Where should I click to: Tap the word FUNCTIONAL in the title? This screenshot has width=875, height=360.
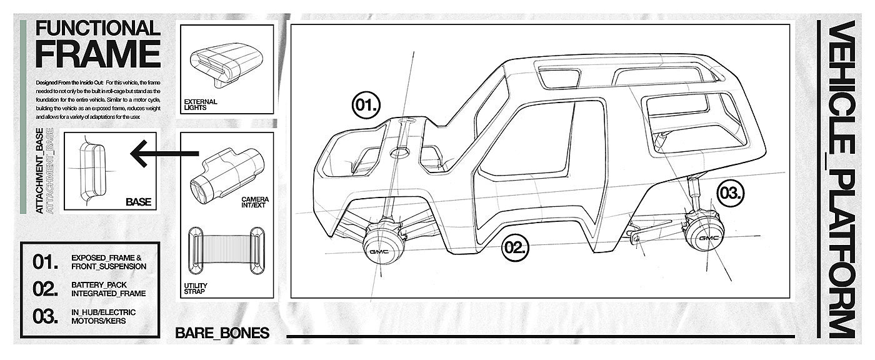[97, 29]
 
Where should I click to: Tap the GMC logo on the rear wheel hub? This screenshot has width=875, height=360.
[708, 238]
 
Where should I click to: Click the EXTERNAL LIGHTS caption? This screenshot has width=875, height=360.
[201, 104]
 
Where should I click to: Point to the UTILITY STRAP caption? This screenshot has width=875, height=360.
[196, 288]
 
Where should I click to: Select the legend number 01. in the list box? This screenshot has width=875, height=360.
[46, 261]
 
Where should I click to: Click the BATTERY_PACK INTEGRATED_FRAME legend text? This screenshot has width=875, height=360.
[108, 288]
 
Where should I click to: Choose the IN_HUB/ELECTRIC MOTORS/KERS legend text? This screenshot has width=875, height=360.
[103, 316]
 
